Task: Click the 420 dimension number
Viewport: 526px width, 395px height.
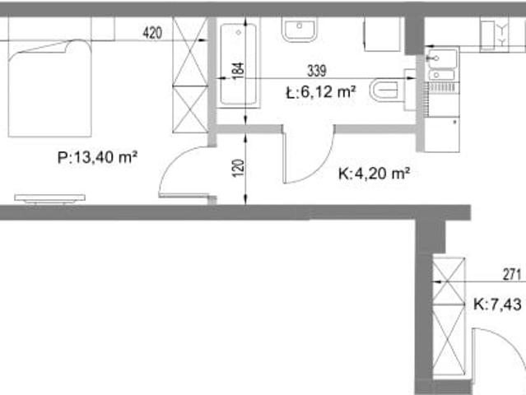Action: pos(152,33)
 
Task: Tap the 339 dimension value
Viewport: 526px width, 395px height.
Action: pos(317,71)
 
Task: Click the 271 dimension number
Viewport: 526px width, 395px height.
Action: pos(512,275)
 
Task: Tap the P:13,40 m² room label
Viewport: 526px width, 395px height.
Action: pos(97,157)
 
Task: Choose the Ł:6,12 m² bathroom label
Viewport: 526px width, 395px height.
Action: pos(321,92)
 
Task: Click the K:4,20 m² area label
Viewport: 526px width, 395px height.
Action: pos(374,174)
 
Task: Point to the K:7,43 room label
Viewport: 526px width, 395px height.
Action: pos(497,304)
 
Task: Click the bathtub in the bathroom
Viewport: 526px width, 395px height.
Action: pos(239,64)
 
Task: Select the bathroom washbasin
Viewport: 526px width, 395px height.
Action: pos(300,30)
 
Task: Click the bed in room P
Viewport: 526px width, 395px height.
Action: pos(49,88)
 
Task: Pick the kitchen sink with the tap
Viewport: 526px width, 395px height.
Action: pos(442,58)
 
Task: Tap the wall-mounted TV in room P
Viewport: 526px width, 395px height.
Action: pos(49,198)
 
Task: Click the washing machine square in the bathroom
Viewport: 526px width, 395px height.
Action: pos(383,34)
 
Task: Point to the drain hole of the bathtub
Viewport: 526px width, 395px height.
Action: pos(239,33)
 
